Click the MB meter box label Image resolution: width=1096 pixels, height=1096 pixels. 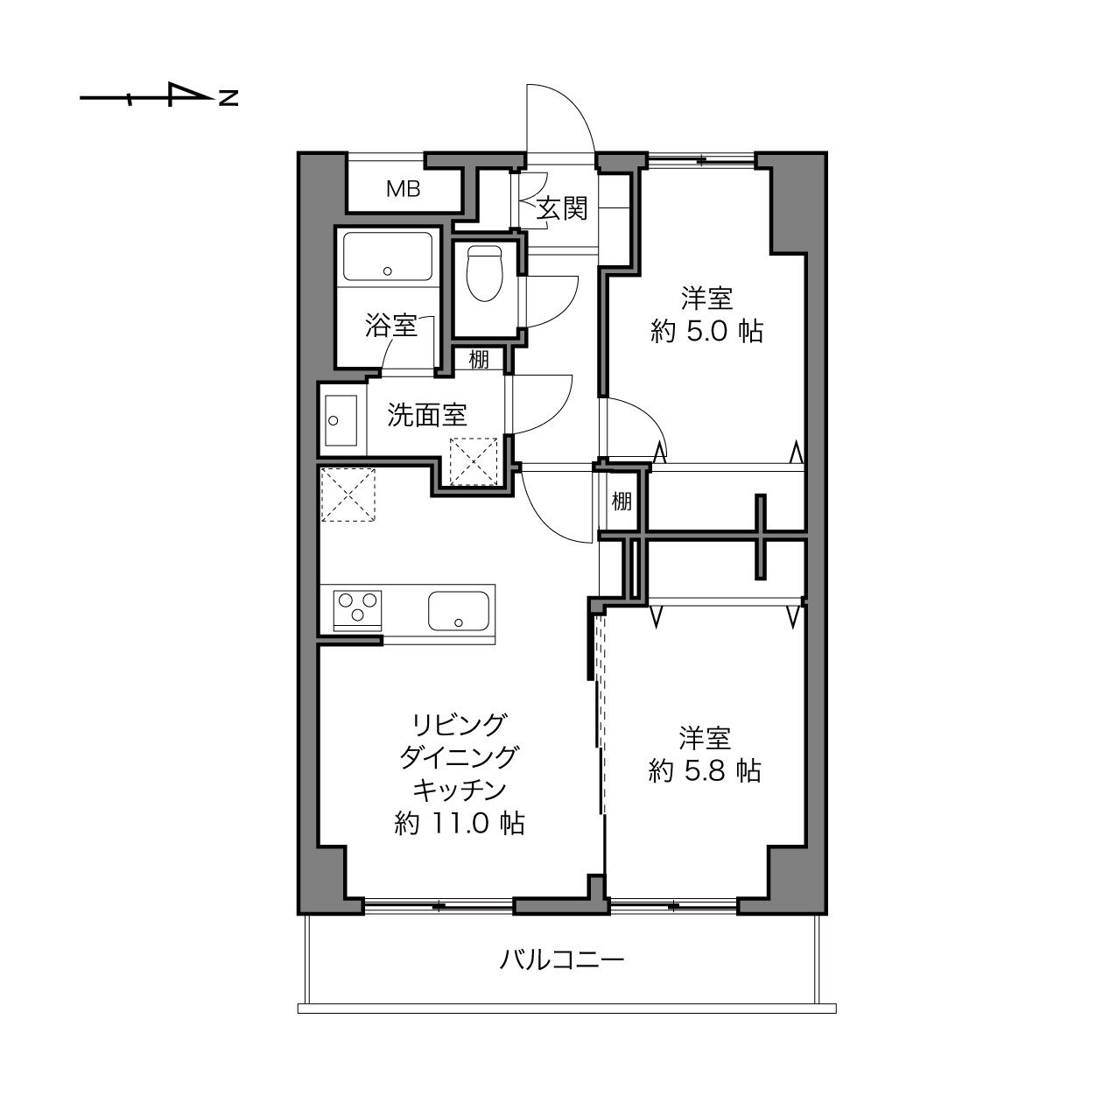[403, 189]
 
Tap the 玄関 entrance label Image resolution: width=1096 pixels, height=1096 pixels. [562, 208]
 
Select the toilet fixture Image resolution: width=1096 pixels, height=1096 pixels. [485, 273]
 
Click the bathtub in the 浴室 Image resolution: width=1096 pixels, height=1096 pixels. [387, 256]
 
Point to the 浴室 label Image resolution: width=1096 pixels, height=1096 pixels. [390, 326]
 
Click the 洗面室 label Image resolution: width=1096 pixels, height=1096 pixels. [427, 415]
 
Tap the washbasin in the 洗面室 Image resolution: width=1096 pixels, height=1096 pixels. [341, 421]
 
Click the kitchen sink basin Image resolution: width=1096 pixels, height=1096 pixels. [459, 611]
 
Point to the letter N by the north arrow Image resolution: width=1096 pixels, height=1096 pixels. [228, 98]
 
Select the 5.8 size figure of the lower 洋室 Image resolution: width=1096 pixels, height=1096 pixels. [706, 771]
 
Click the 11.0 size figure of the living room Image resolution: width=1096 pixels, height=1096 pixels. [460, 824]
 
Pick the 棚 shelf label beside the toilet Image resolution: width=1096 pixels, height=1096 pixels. [479, 360]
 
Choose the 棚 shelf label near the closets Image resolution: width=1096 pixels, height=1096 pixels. [622, 502]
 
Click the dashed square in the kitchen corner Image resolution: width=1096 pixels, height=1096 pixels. [348, 495]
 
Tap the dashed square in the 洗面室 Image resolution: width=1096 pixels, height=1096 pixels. [474, 460]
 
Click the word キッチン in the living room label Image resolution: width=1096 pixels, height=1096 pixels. [460, 790]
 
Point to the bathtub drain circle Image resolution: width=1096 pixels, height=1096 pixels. [388, 271]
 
